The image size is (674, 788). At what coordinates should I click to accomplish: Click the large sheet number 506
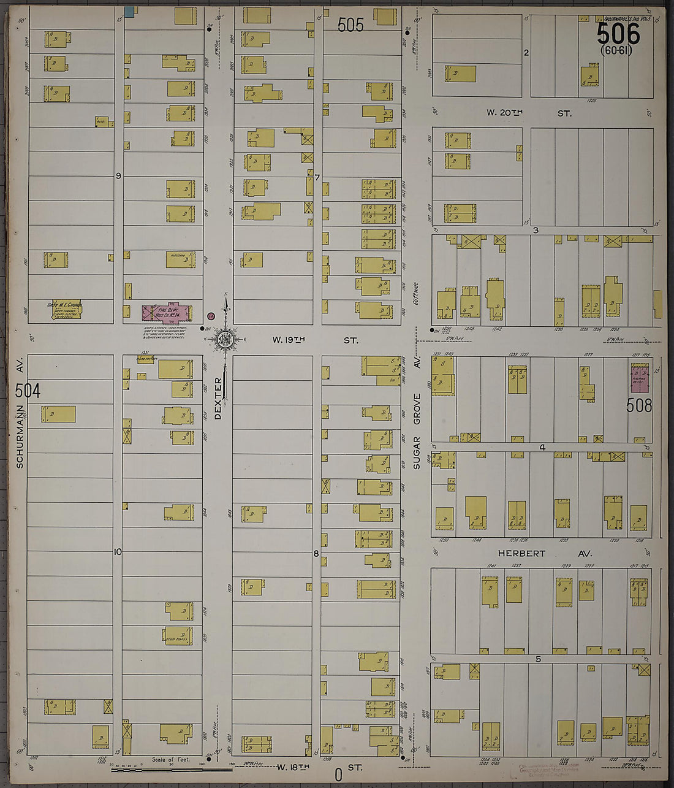(618, 33)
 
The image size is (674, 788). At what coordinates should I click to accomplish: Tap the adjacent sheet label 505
(350, 25)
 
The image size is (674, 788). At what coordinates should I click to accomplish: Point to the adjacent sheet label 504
(28, 391)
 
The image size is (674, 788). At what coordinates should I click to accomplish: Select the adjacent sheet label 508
(639, 405)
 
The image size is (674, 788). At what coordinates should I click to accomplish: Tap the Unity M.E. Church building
(65, 310)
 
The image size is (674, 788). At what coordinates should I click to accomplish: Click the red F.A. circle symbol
(211, 316)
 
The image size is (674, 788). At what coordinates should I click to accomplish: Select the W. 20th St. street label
(529, 113)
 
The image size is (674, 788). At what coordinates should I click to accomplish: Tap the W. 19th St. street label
(315, 339)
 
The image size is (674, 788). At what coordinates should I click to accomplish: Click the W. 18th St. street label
(317, 767)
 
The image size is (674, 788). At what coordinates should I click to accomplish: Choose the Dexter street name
(218, 399)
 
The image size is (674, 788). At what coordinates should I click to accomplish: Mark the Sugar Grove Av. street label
(417, 423)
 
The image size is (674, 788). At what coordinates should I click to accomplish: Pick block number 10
(118, 552)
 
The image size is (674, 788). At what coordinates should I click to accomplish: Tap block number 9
(119, 176)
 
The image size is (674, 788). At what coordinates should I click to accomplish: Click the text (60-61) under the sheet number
(616, 50)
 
